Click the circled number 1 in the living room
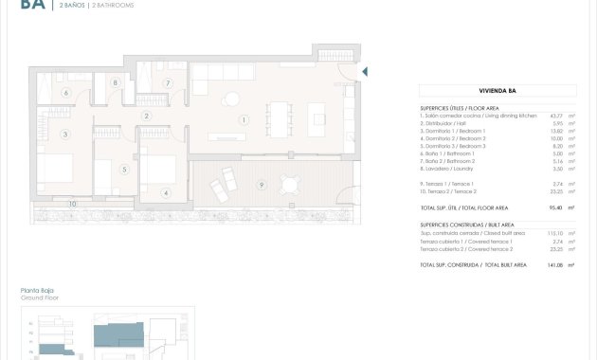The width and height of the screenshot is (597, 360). (244, 120)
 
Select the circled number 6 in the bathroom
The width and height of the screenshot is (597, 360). (66, 93)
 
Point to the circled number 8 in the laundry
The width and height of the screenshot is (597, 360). (116, 83)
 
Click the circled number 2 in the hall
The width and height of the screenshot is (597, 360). (146, 117)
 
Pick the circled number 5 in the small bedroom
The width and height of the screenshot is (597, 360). (124, 170)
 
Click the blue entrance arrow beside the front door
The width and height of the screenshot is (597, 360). (366, 72)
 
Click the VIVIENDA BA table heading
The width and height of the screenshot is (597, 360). (497, 92)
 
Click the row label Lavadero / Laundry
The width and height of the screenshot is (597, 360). (451, 168)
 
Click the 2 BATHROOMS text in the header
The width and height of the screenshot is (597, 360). (112, 6)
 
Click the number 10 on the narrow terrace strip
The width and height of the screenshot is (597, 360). (72, 203)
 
